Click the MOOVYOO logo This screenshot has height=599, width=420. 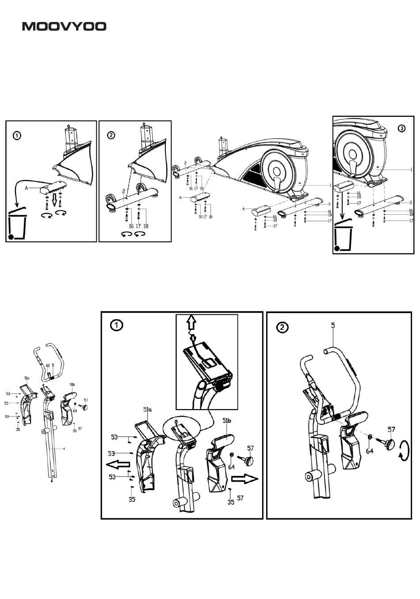(x=65, y=27)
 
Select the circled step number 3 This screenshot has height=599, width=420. (x=401, y=128)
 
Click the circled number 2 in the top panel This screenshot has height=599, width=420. (x=111, y=135)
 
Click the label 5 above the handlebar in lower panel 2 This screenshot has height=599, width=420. (x=333, y=325)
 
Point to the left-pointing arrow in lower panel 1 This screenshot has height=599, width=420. (x=118, y=465)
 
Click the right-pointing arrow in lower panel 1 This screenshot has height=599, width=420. (x=244, y=478)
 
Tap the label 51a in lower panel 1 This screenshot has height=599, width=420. (x=147, y=410)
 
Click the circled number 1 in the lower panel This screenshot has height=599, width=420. (x=116, y=325)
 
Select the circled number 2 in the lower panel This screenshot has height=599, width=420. (x=283, y=328)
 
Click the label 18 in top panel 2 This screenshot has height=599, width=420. (x=146, y=226)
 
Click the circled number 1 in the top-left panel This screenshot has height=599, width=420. (x=16, y=135)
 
